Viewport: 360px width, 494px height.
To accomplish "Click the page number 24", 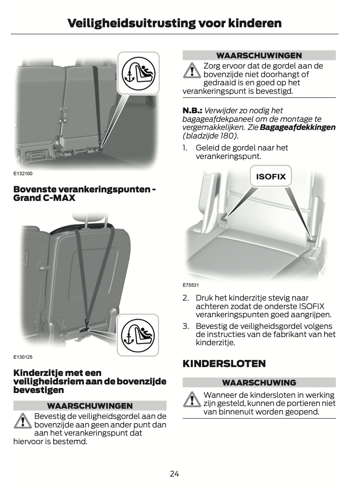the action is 174,474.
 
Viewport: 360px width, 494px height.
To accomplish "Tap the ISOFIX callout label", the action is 271,176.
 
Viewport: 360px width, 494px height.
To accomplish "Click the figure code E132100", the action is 23,174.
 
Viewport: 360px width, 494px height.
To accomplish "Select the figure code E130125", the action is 23,357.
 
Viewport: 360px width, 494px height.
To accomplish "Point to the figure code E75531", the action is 191,285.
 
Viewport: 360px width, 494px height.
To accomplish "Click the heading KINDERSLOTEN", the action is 224,364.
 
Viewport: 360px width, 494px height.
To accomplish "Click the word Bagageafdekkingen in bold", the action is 298,128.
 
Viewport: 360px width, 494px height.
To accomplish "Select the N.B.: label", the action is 192,111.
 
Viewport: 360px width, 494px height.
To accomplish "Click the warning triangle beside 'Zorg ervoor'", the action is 192,71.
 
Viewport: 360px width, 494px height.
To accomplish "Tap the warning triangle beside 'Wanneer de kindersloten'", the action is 192,399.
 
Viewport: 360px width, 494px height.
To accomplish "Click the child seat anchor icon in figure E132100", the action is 139,74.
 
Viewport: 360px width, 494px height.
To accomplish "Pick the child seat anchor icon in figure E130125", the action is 138,335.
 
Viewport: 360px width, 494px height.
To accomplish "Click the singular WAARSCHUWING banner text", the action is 259,383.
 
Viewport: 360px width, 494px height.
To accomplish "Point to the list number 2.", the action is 186,298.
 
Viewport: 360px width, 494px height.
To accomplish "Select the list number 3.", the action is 186,326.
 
